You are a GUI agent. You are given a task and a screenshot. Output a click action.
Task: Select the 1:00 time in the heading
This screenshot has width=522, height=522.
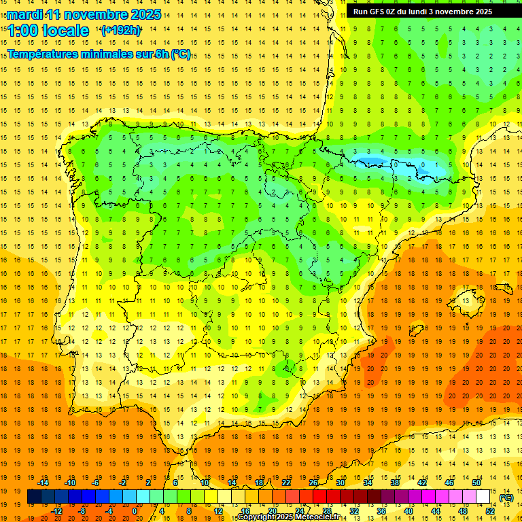pyautogui.click(x=22, y=31)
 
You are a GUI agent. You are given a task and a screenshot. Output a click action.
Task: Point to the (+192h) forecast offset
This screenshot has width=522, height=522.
pyautogui.click(x=120, y=31)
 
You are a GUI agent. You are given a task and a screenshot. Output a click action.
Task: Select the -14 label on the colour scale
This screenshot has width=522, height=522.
pyautogui.click(x=43, y=483)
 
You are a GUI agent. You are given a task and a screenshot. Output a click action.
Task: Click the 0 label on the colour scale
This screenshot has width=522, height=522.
pyautogui.click(x=135, y=511)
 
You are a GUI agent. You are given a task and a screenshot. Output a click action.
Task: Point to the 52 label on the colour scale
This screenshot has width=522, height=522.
pyautogui.click(x=489, y=511)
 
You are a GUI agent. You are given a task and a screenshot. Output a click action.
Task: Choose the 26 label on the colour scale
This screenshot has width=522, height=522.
pyautogui.click(x=313, y=483)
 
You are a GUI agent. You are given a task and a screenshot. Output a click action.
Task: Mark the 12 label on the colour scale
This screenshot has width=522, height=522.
pyautogui.click(x=217, y=511)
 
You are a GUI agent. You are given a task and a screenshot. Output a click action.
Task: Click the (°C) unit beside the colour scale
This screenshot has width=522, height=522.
pyautogui.click(x=506, y=498)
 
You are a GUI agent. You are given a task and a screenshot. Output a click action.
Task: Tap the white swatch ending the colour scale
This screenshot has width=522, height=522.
pyautogui.click(x=483, y=497)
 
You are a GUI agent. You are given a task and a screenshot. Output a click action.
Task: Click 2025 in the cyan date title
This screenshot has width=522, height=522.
pyautogui.click(x=145, y=14)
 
